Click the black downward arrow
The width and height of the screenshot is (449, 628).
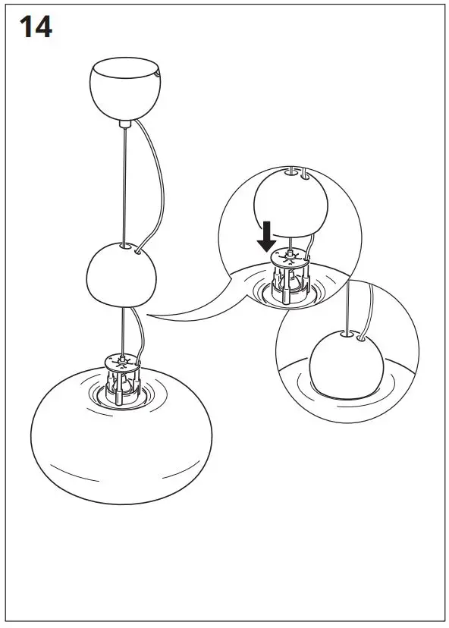point(265,236)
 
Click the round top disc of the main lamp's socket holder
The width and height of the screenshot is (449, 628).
point(121,360)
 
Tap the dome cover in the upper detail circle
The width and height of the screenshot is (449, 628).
point(291,203)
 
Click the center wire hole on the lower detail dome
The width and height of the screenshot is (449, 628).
point(348,331)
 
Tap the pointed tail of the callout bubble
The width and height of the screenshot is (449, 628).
point(152,316)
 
